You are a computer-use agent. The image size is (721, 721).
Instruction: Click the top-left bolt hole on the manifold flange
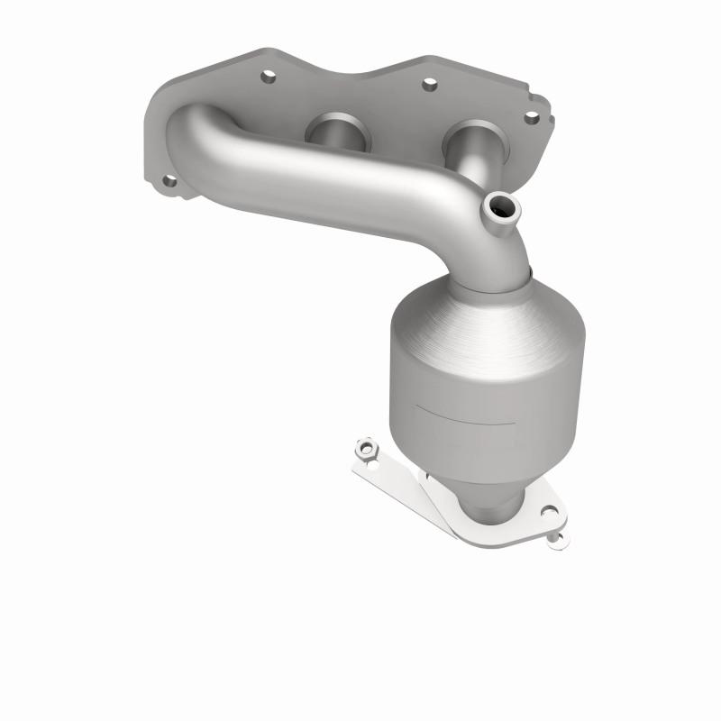(x=267, y=78)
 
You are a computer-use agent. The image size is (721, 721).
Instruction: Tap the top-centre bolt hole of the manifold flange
(x=429, y=85)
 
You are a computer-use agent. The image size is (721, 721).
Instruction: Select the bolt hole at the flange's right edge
(x=532, y=117)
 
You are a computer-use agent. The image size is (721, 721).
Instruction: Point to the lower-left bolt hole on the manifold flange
(x=169, y=181)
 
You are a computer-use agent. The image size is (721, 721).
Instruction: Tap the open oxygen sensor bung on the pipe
(x=501, y=209)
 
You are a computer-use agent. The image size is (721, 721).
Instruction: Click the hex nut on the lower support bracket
(x=365, y=446)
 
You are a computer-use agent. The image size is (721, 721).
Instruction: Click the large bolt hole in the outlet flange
(x=547, y=512)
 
